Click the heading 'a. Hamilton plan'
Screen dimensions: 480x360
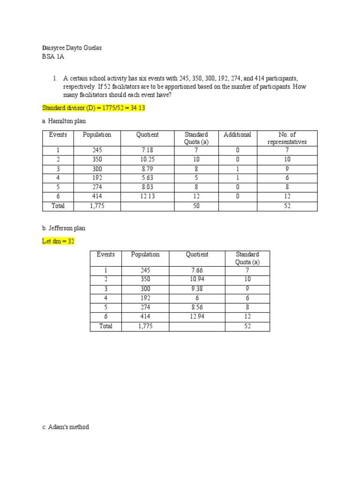click(64, 121)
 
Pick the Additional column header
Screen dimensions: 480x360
click(237, 135)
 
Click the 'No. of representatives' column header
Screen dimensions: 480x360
click(286, 138)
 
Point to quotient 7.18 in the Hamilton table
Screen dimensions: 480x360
click(147, 150)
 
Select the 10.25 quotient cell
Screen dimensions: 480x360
click(147, 159)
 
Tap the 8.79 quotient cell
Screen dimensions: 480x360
click(147, 169)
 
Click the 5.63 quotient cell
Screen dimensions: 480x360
click(147, 178)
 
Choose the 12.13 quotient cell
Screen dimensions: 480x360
click(147, 196)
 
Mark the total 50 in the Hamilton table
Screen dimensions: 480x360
click(196, 206)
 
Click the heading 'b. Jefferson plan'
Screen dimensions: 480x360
click(64, 228)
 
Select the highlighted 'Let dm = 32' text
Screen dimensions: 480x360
click(58, 241)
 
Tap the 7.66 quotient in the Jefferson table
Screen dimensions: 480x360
click(197, 270)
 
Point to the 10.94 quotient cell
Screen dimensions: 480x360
click(197, 279)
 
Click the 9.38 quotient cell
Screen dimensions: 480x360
click(197, 289)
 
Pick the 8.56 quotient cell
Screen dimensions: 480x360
click(197, 307)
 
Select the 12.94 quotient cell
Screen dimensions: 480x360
click(197, 316)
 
